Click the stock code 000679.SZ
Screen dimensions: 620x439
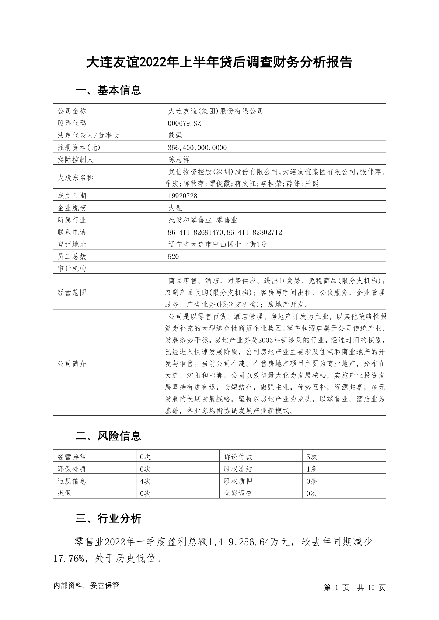tap(184, 123)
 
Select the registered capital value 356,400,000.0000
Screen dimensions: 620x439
tap(197, 148)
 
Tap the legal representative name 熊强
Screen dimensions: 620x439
tap(175, 135)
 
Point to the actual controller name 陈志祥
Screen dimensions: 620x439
tap(179, 160)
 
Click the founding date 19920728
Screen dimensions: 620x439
tap(182, 196)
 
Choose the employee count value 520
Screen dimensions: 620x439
tap(173, 257)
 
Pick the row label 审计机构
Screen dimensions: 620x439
tap(72, 269)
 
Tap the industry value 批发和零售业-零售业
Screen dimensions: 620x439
tap(203, 220)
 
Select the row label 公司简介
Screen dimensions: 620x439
tap(72, 364)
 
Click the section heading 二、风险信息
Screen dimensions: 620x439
tap(108, 436)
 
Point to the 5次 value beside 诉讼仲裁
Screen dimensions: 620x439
tap(311, 457)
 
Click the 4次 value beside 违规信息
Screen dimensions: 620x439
tap(145, 481)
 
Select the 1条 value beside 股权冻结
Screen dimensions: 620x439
tap(311, 469)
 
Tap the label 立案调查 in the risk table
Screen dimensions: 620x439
tap(238, 493)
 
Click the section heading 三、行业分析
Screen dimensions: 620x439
tap(108, 519)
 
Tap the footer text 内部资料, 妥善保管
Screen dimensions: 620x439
tap(86, 586)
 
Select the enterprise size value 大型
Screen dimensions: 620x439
tap(175, 208)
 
